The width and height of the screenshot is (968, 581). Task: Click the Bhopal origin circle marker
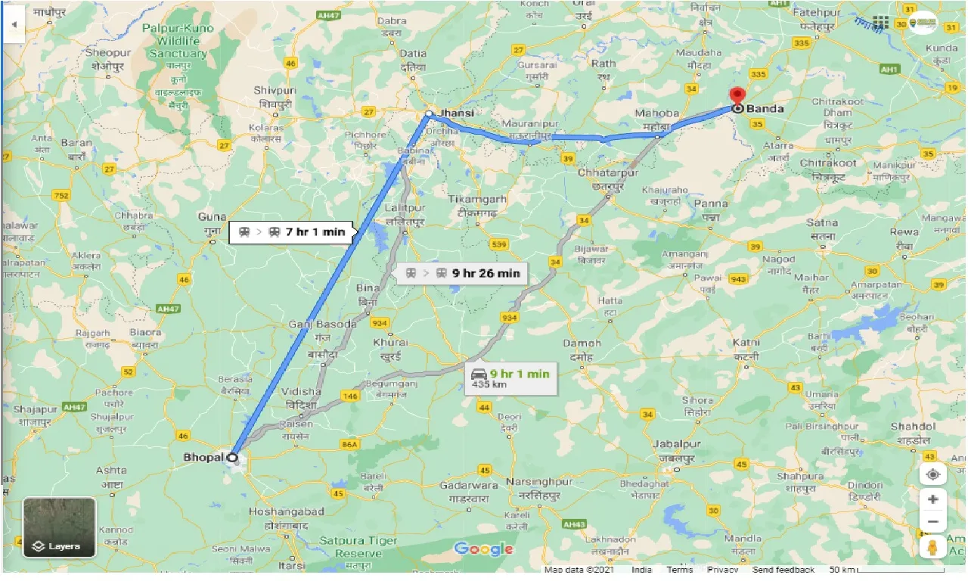pyautogui.click(x=233, y=457)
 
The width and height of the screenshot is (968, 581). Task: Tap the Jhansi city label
pyautogui.click(x=456, y=113)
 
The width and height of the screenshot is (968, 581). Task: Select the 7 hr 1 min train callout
pyautogui.click(x=291, y=232)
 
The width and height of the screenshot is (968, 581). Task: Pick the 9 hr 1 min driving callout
pyautogui.click(x=510, y=377)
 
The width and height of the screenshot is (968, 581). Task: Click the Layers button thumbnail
pyautogui.click(x=59, y=527)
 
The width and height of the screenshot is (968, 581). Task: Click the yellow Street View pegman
pyautogui.click(x=932, y=547)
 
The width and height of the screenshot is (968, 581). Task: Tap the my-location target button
pyautogui.click(x=932, y=474)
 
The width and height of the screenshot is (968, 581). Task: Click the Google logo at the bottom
pyautogui.click(x=483, y=548)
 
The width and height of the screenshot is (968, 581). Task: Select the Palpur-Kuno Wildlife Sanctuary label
pyautogui.click(x=178, y=42)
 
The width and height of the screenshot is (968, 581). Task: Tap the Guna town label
pyautogui.click(x=211, y=217)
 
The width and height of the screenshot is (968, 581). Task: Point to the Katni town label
pyautogui.click(x=745, y=343)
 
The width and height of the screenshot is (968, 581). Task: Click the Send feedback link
pyautogui.click(x=783, y=570)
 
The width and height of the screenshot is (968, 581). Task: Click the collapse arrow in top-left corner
pyautogui.click(x=14, y=24)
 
